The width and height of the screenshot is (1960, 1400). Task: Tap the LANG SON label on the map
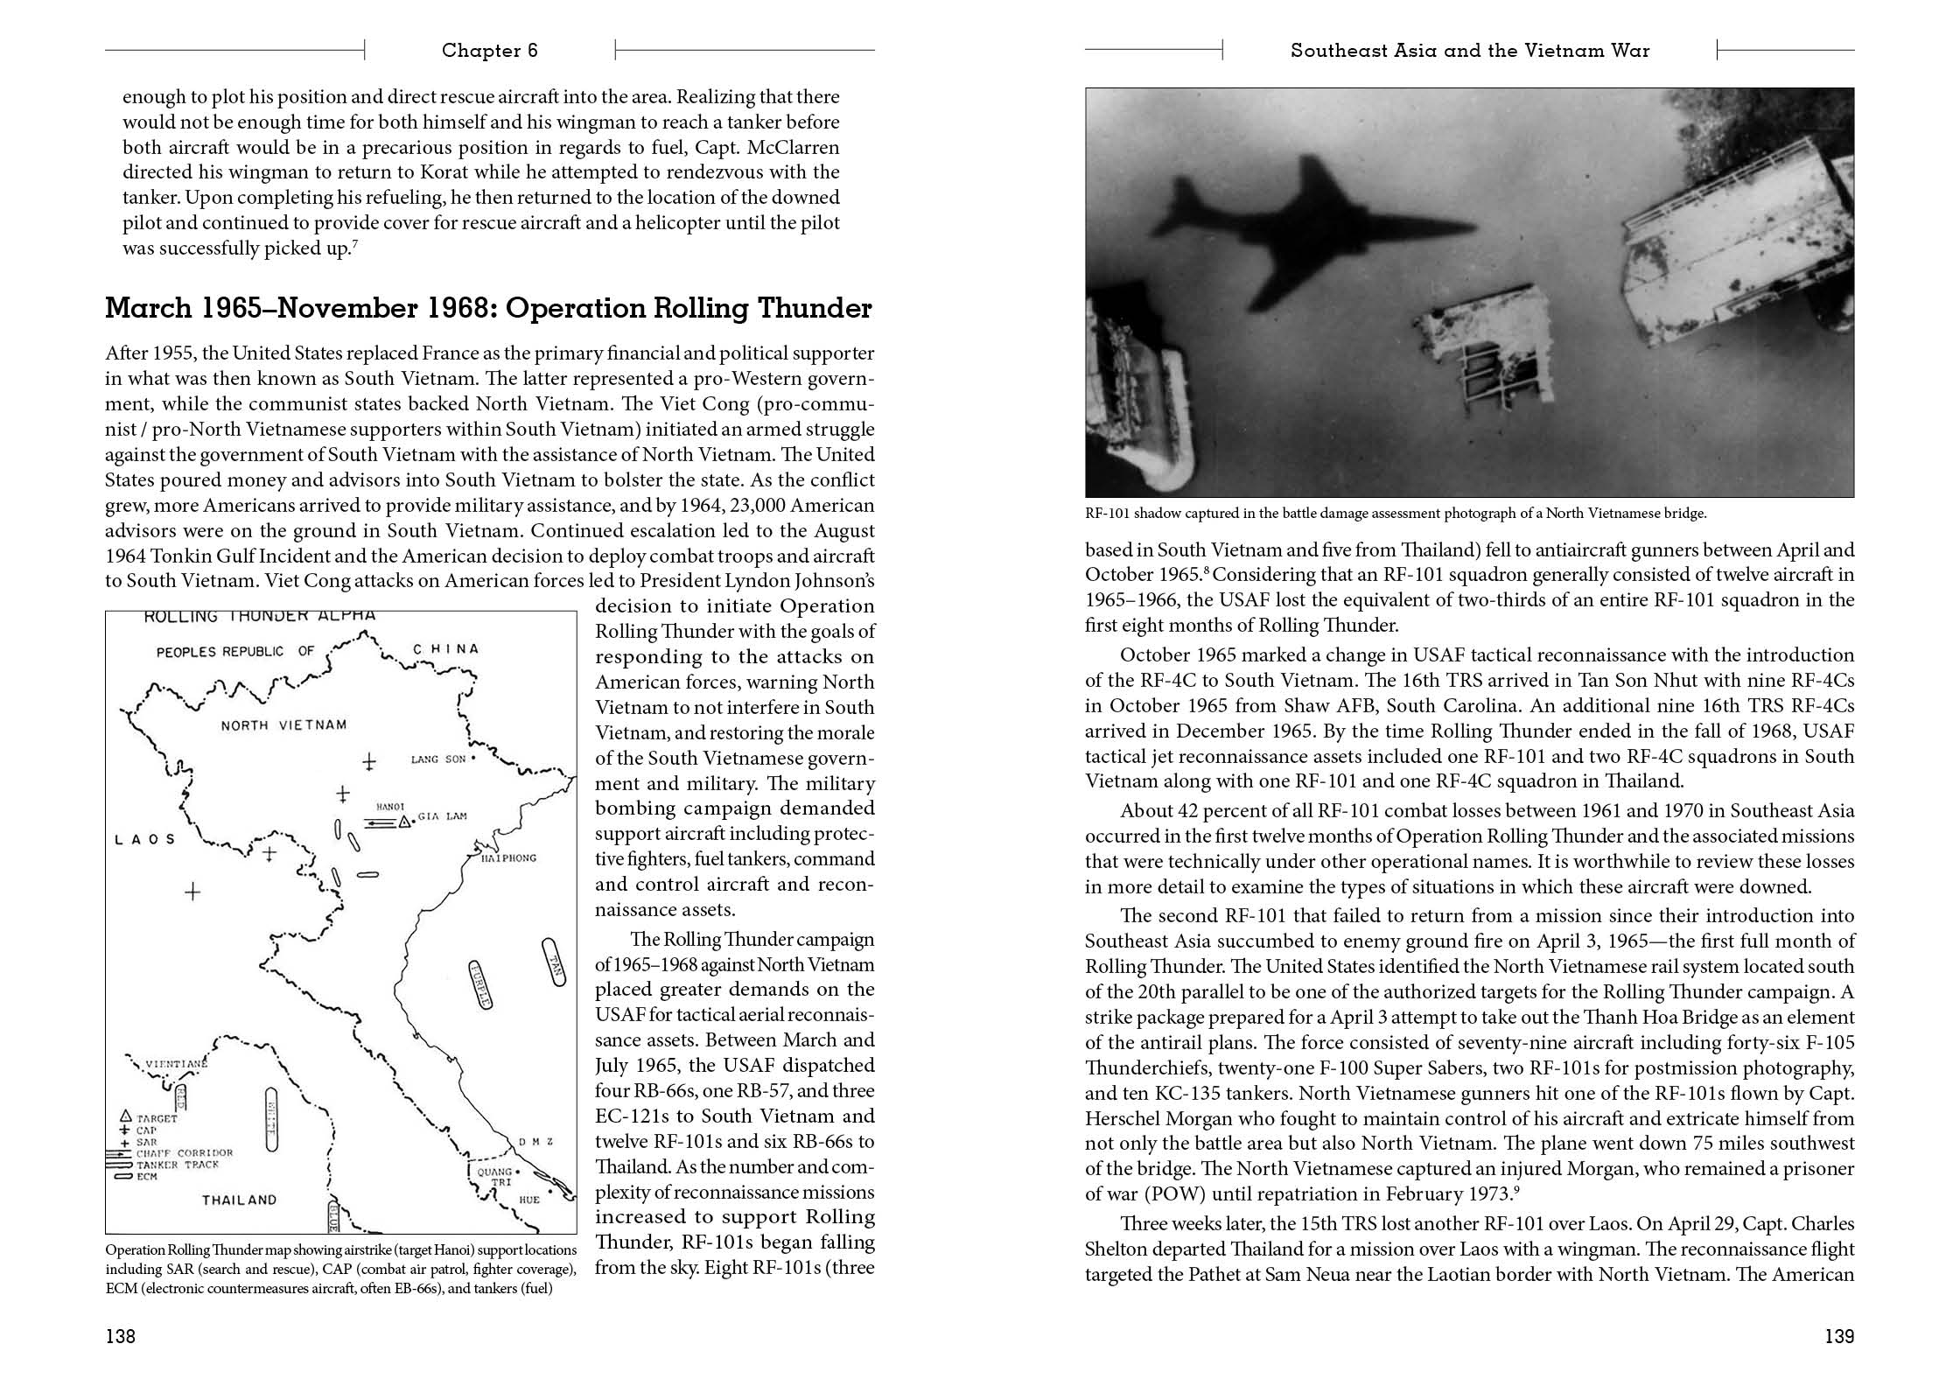tap(438, 759)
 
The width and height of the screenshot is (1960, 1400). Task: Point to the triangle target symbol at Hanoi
tap(403, 822)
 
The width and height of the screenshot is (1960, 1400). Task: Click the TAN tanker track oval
tap(553, 962)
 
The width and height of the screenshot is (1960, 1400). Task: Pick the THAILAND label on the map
tap(239, 1200)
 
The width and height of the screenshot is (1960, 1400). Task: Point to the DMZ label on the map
tap(535, 1142)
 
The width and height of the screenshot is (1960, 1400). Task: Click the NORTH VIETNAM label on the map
tap(283, 724)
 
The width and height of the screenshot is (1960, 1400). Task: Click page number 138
tap(120, 1336)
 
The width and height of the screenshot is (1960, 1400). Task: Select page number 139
tap(1839, 1336)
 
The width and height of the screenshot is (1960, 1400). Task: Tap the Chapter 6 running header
tap(489, 51)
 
